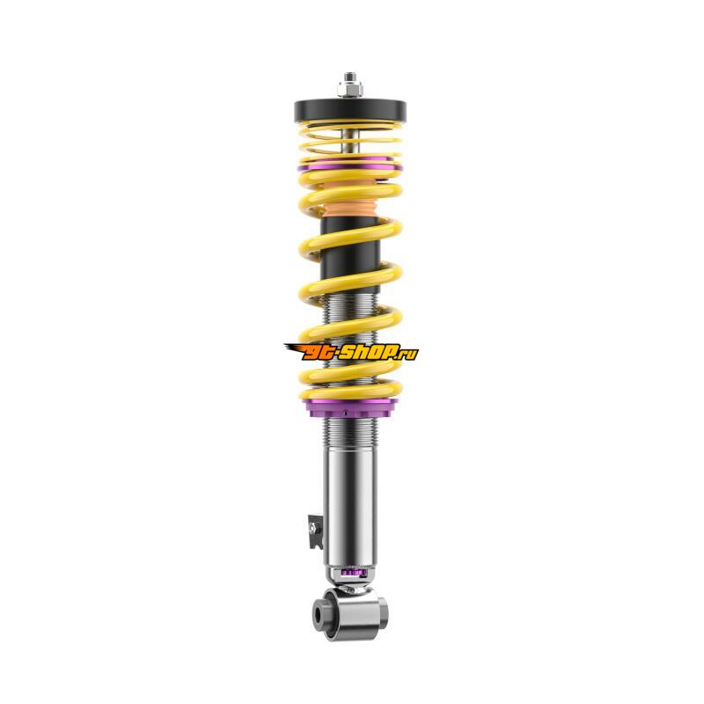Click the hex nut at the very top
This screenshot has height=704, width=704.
350,89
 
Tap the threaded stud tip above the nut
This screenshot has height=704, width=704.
350,77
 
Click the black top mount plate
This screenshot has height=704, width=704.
350,110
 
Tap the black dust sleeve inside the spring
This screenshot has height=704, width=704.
350,252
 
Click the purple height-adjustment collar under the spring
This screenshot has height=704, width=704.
350,407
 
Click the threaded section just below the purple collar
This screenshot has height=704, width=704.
350,432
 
